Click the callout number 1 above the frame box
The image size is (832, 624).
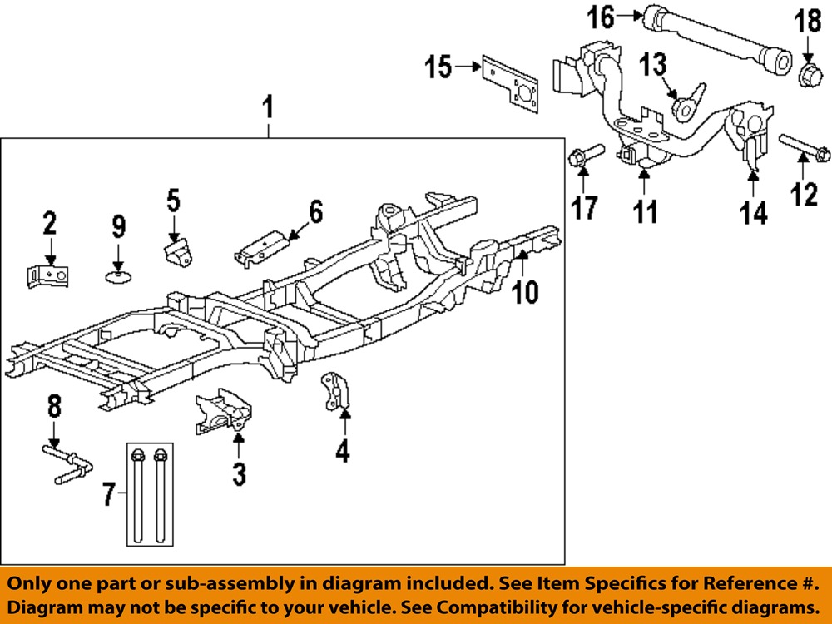pos(268,107)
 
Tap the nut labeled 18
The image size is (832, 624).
pos(810,73)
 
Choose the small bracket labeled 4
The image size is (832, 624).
pos(335,393)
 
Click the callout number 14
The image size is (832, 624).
pos(754,212)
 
